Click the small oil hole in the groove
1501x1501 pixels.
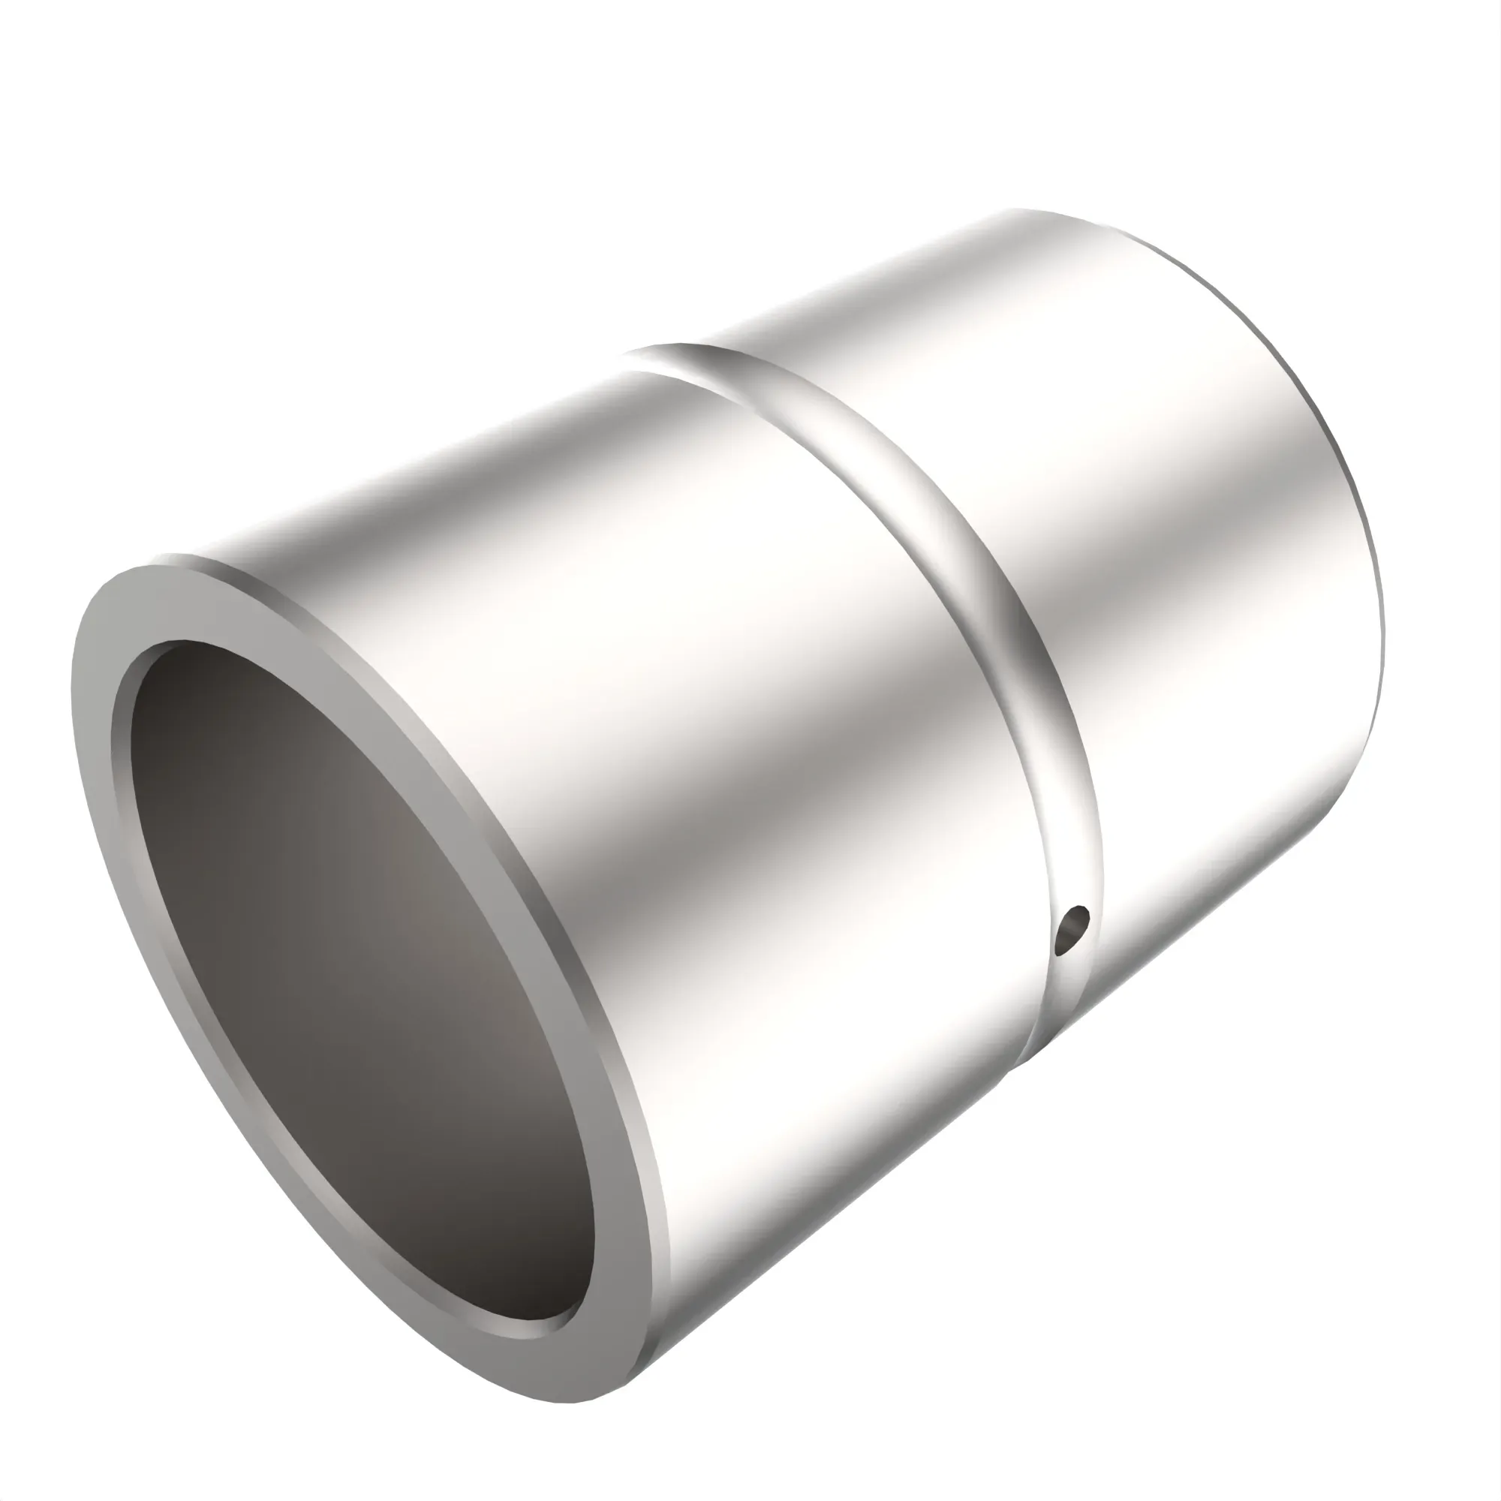1073,928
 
